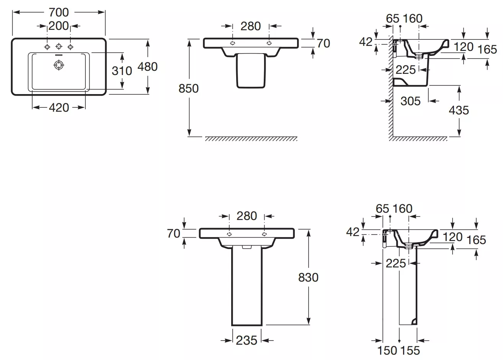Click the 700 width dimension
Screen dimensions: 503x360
[59, 12]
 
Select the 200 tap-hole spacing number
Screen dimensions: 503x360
[59, 26]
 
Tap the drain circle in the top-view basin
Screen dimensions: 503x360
[59, 65]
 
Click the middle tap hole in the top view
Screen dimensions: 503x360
[59, 46]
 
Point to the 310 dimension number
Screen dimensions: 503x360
[122, 71]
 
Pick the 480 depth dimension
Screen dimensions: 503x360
[147, 67]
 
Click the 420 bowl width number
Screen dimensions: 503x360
[59, 108]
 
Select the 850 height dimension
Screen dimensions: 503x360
[189, 88]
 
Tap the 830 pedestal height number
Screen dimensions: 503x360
[308, 277]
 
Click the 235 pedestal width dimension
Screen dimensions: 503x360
[247, 340]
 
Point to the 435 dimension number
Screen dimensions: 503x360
[459, 110]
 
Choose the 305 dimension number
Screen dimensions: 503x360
[410, 101]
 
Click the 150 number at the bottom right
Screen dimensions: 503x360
[387, 350]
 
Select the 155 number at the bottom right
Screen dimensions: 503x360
[410, 350]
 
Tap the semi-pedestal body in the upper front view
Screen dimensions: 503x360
[251, 71]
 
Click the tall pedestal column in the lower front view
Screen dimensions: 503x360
[247, 285]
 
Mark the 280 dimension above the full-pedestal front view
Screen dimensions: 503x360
[247, 216]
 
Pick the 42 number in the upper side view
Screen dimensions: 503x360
[366, 42]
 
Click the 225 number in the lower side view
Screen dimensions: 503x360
[396, 263]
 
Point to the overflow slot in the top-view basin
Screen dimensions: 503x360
[59, 55]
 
